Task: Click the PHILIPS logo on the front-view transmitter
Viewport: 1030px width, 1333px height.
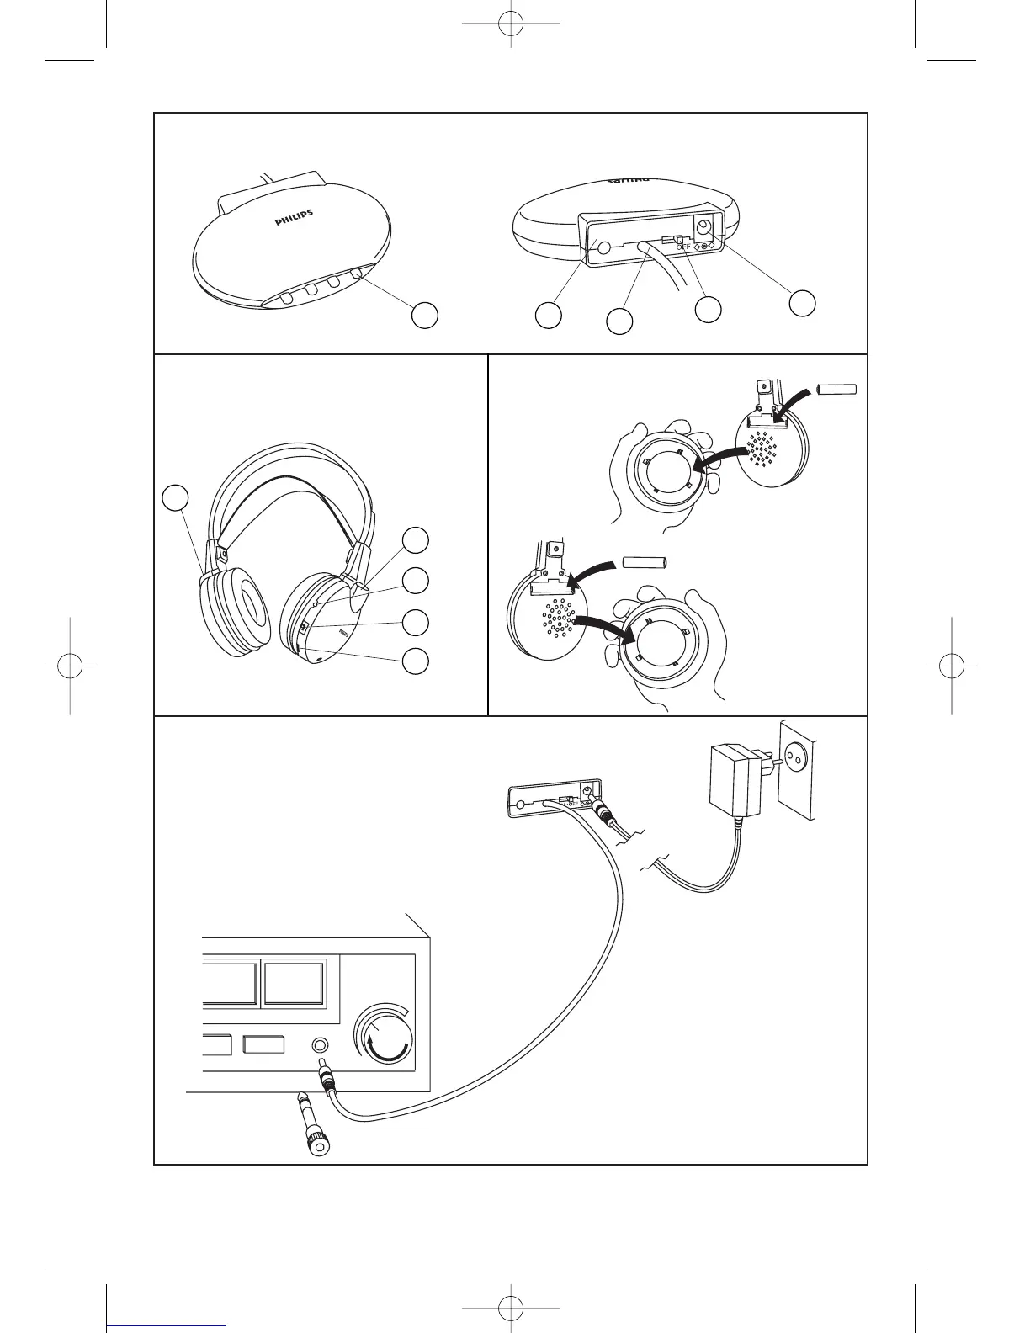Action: pos(295,219)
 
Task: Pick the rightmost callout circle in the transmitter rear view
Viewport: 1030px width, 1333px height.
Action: pos(804,303)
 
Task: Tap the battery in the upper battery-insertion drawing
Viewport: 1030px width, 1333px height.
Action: pos(836,390)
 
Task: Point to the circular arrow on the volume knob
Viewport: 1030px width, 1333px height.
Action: pos(389,1049)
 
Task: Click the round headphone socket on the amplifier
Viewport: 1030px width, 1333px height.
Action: pos(320,1045)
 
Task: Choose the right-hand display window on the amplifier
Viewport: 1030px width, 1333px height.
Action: pos(294,984)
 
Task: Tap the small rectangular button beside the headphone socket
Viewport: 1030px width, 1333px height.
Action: pos(263,1045)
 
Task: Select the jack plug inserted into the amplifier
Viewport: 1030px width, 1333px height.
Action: pos(325,1080)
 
